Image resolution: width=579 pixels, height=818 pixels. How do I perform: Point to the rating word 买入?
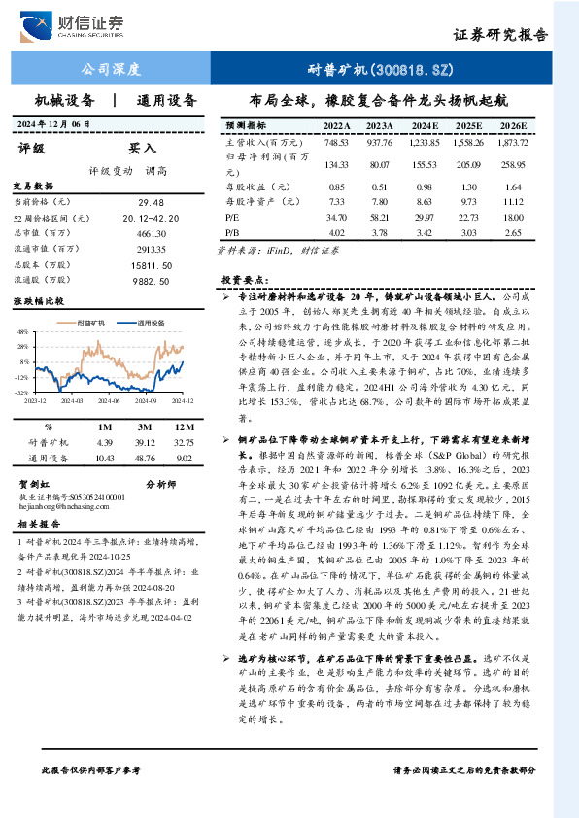(x=142, y=148)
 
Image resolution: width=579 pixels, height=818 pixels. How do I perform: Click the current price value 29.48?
(x=152, y=201)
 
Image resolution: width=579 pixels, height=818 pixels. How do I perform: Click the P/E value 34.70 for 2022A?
(x=337, y=218)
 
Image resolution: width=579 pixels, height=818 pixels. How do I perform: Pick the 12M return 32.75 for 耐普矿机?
(x=183, y=442)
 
